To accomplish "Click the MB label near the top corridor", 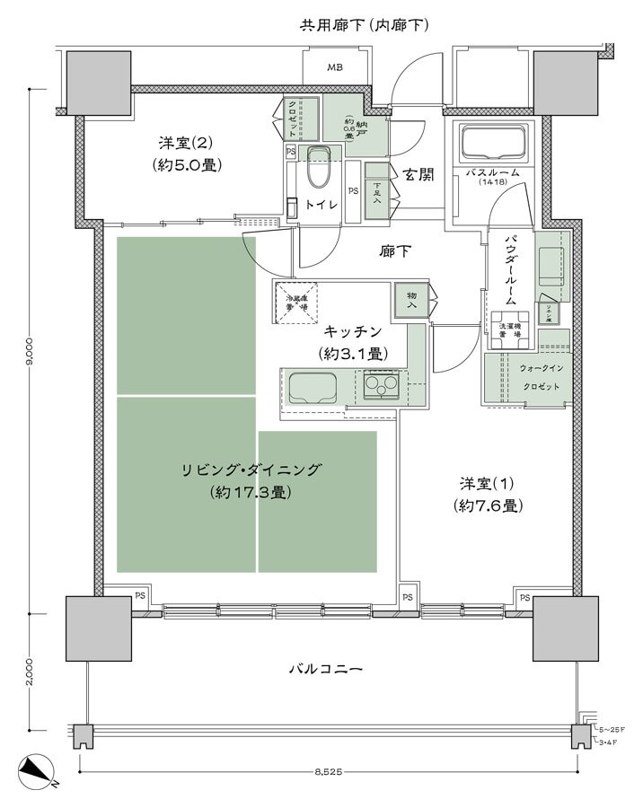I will pyautogui.click(x=335, y=67).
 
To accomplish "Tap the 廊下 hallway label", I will pyautogui.click(x=395, y=252).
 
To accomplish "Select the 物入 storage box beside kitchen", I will pyautogui.click(x=411, y=299).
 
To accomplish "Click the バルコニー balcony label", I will pyautogui.click(x=325, y=669).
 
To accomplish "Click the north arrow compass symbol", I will pyautogui.click(x=38, y=770).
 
